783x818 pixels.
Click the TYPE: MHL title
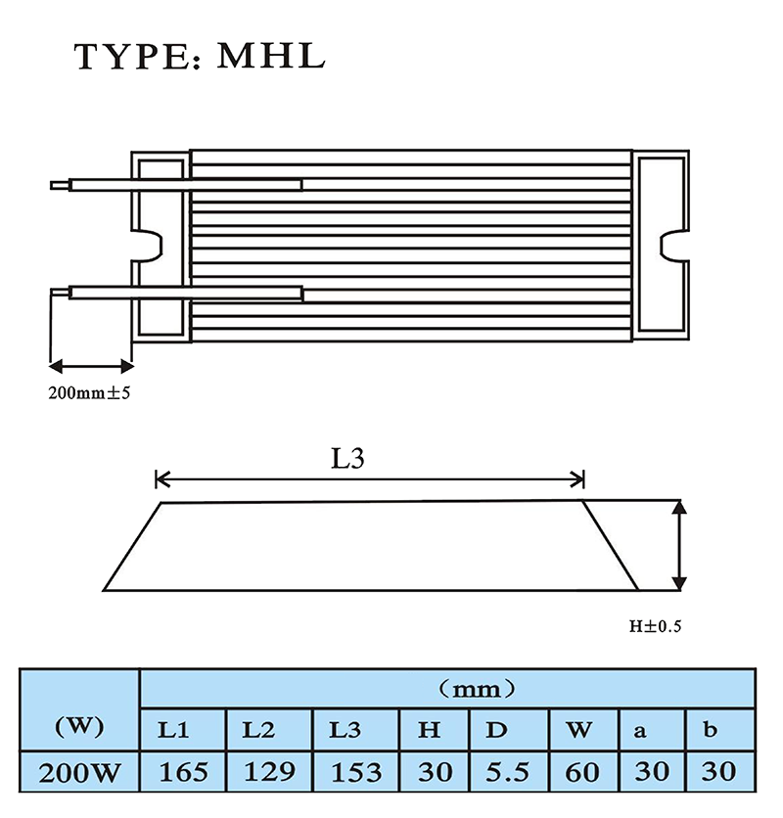pyautogui.click(x=200, y=57)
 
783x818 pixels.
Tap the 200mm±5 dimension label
pyautogui.click(x=89, y=392)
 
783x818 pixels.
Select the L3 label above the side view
pyautogui.click(x=347, y=459)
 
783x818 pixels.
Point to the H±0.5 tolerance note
pyautogui.click(x=655, y=626)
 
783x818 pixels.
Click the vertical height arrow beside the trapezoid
pyautogui.click(x=679, y=545)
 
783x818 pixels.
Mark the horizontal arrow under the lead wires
pyautogui.click(x=91, y=366)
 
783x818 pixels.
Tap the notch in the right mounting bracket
pyautogui.click(x=672, y=246)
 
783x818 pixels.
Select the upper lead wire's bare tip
pyautogui.click(x=60, y=185)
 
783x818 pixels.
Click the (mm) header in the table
pyautogui.click(x=476, y=690)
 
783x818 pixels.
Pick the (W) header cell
pyautogui.click(x=79, y=726)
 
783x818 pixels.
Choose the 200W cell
pyautogui.click(x=79, y=773)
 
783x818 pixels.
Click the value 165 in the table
pyautogui.click(x=183, y=772)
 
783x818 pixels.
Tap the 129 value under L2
pyautogui.click(x=269, y=772)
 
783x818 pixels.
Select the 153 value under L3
pyautogui.click(x=356, y=773)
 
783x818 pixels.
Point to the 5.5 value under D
pyautogui.click(x=507, y=773)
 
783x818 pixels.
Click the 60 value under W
pyautogui.click(x=582, y=773)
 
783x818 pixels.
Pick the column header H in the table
pyautogui.click(x=429, y=730)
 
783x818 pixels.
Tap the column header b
pyautogui.click(x=710, y=729)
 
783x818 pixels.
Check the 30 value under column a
pyautogui.click(x=652, y=772)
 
